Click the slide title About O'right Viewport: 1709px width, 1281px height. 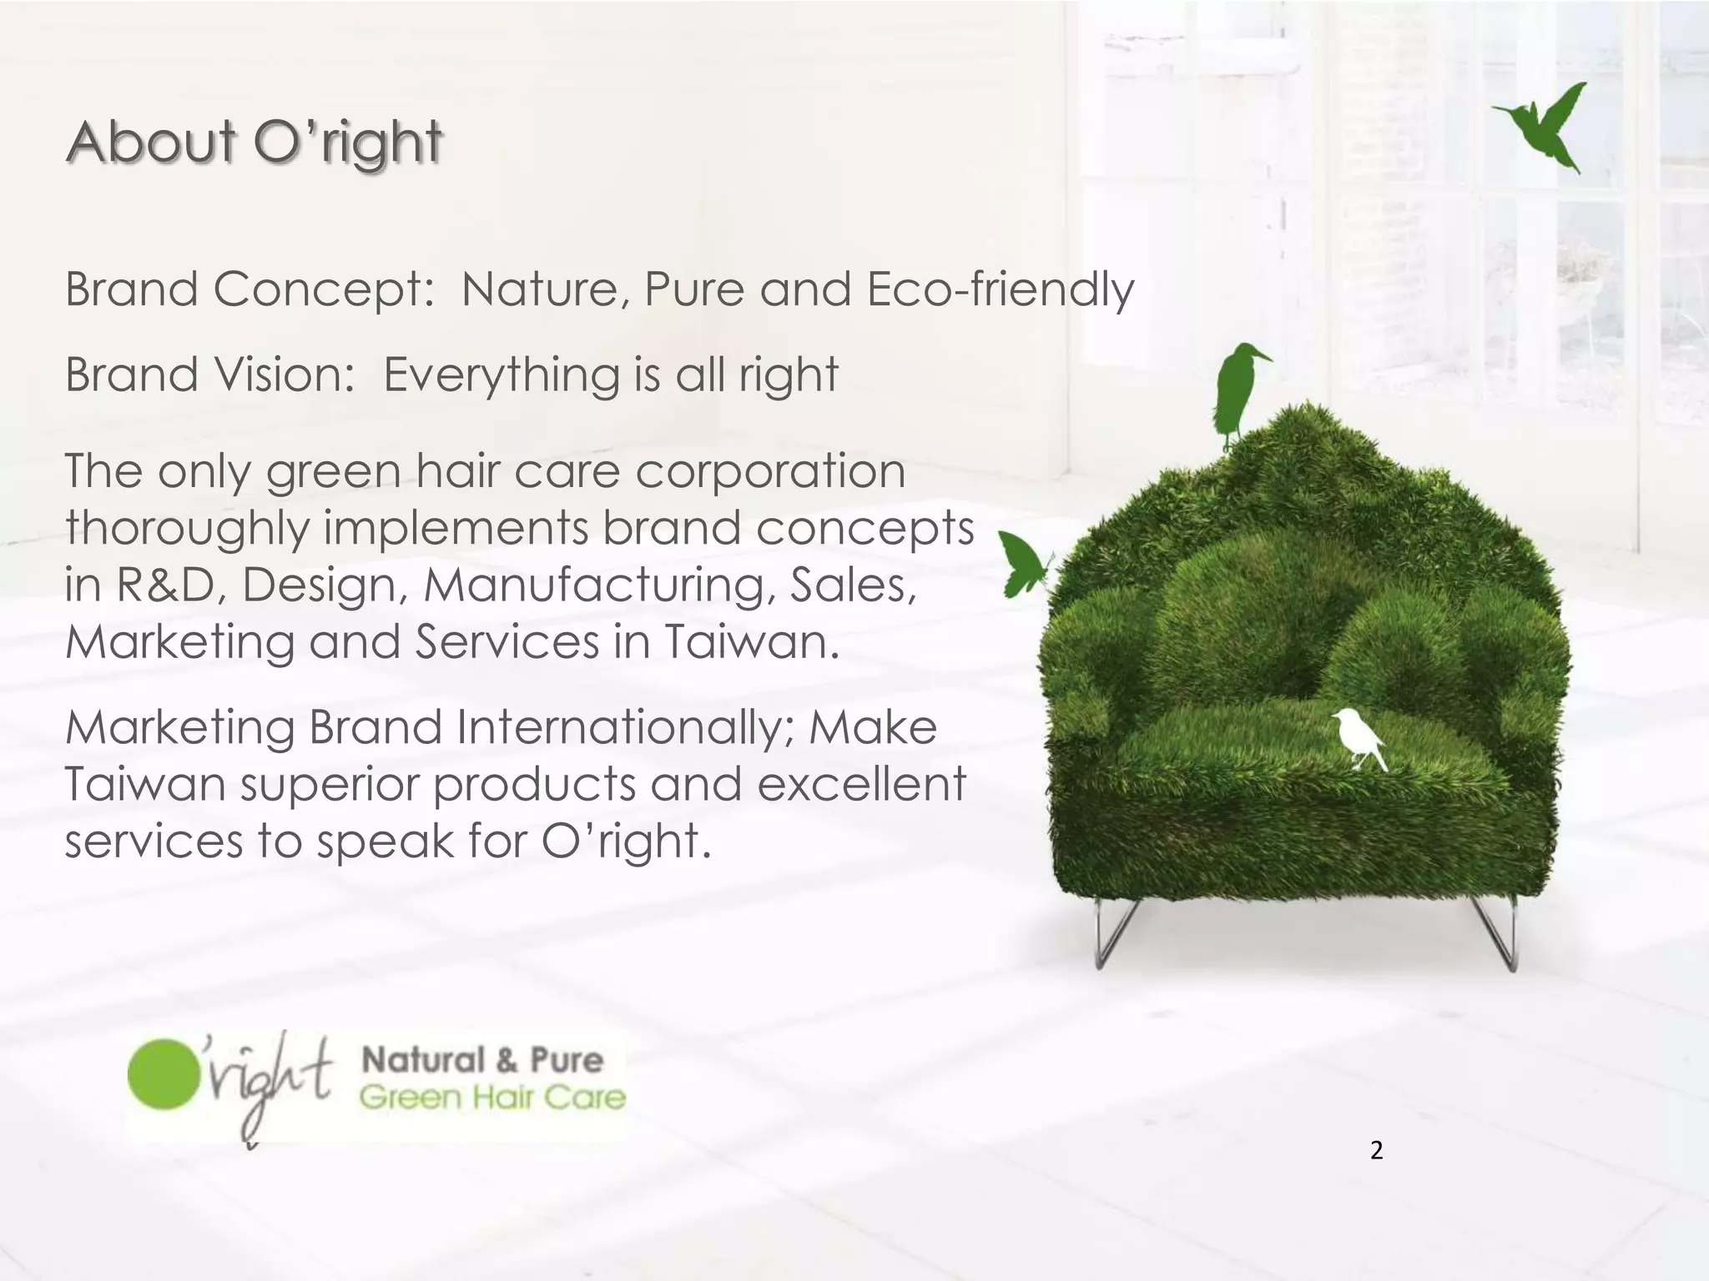pyautogui.click(x=254, y=142)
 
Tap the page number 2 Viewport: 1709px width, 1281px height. pyautogui.click(x=1376, y=1151)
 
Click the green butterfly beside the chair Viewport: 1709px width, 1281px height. pyautogui.click(x=1022, y=563)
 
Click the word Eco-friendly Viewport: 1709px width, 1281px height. pyautogui.click(x=1001, y=290)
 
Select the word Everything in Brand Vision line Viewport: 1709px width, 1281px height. pyautogui.click(x=502, y=375)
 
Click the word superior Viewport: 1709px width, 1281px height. pyautogui.click(x=329, y=784)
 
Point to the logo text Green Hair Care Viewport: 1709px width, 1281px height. pyautogui.click(x=492, y=1097)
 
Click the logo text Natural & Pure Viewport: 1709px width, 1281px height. pyautogui.click(x=481, y=1060)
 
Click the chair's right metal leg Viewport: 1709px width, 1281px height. pyautogui.click(x=1498, y=934)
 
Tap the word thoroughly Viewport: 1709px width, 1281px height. pyautogui.click(x=188, y=529)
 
